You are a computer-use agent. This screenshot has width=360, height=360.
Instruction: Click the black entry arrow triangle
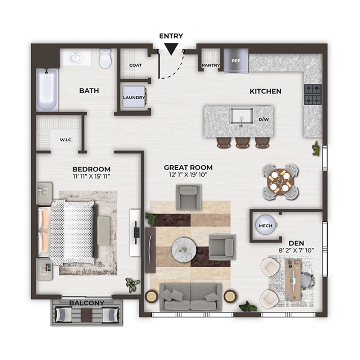click(171, 49)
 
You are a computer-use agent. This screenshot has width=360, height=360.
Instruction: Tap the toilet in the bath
click(105, 58)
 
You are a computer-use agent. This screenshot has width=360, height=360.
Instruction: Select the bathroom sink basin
click(75, 58)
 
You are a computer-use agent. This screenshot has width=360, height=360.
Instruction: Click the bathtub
click(47, 90)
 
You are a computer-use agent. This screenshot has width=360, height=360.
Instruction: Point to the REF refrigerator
click(236, 60)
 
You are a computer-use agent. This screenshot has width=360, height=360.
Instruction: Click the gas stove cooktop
click(313, 94)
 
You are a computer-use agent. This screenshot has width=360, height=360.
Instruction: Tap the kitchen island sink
click(242, 116)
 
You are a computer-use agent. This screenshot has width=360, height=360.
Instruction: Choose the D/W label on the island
click(264, 120)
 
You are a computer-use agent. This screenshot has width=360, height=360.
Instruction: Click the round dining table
click(280, 181)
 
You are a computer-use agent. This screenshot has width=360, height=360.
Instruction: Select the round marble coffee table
click(184, 249)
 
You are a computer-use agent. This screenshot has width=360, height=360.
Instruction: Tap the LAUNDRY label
click(134, 98)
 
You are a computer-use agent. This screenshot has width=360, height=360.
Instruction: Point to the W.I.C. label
click(66, 140)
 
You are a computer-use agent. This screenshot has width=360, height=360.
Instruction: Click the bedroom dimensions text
click(91, 176)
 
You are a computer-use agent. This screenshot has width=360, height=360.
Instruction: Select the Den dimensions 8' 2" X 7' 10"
click(296, 250)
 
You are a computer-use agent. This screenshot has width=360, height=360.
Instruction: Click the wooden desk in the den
click(293, 280)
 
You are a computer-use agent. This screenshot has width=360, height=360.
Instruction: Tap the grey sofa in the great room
click(190, 297)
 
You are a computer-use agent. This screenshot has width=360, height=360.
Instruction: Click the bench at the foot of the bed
click(104, 230)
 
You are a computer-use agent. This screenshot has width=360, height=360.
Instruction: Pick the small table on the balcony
click(86, 315)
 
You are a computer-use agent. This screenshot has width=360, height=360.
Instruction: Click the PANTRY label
click(211, 66)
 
